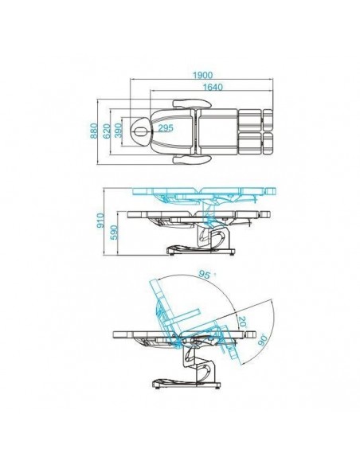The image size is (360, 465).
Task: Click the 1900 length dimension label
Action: pyautogui.click(x=202, y=75)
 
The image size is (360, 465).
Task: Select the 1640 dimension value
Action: pyautogui.click(x=213, y=88)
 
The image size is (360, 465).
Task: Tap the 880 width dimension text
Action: pyautogui.click(x=94, y=131)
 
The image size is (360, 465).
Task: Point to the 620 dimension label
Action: pyautogui.click(x=107, y=131)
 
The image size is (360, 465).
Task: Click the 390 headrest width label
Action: pyautogui.click(x=119, y=131)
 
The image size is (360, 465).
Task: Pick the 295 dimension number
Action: pyautogui.click(x=166, y=128)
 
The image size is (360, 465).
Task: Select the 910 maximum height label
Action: pyautogui.click(x=101, y=221)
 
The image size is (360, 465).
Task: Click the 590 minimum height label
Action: pyautogui.click(x=114, y=232)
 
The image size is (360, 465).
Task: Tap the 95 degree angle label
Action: pyautogui.click(x=205, y=275)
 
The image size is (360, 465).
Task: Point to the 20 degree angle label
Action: pyautogui.click(x=242, y=322)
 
